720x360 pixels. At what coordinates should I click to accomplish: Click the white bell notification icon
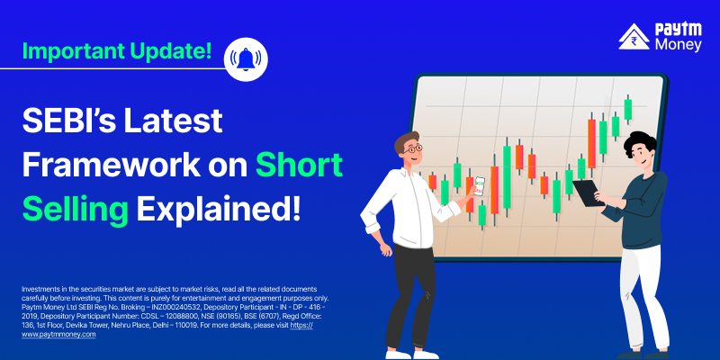pos(246,59)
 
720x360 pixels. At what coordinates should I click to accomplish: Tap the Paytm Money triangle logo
pos(634,37)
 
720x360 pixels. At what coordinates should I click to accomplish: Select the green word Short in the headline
pos(299,165)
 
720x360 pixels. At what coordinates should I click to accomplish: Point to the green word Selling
pos(76,210)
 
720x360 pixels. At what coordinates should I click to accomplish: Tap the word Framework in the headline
pos(112,165)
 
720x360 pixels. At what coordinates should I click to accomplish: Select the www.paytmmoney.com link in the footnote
pos(58,334)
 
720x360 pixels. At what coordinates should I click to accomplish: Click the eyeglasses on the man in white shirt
pos(413,148)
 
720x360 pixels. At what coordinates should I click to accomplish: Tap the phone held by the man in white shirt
pos(480,186)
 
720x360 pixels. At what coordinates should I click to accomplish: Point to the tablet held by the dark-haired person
pos(586,193)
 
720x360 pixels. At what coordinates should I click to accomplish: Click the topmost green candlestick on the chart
pos(627,109)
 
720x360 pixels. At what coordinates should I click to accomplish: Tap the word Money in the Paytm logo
pos(679,45)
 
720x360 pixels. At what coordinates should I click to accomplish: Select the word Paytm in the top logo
pos(679,30)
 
